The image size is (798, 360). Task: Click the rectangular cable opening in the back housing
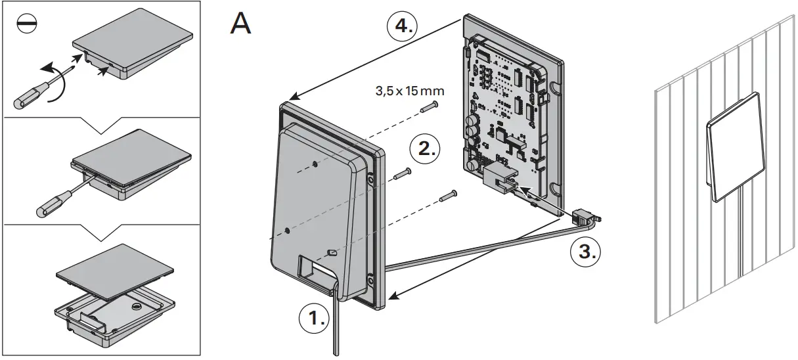point(314,268)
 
